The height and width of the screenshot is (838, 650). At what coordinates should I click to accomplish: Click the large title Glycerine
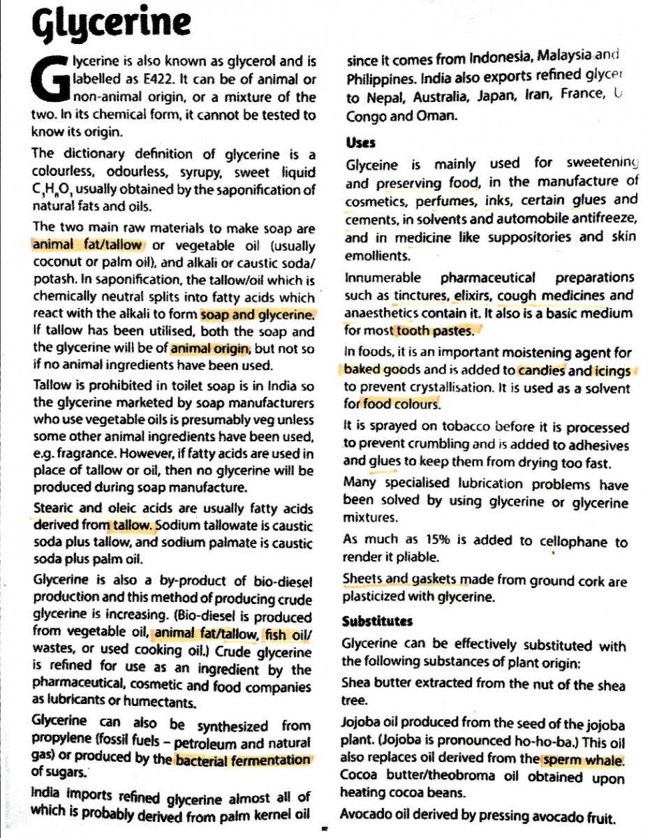(x=112, y=23)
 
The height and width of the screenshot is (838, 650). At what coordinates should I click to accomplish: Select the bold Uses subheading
(x=361, y=142)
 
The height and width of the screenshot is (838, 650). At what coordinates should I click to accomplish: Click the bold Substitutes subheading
(x=377, y=621)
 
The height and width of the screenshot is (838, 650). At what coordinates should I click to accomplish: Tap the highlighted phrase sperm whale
(x=582, y=759)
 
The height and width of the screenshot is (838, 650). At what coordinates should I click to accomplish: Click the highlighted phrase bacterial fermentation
(x=242, y=759)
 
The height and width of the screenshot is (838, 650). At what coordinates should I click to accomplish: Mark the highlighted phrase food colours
(x=401, y=404)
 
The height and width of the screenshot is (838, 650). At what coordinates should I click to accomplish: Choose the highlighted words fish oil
(x=288, y=634)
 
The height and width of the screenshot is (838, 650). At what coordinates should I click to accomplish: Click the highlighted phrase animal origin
(x=210, y=348)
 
